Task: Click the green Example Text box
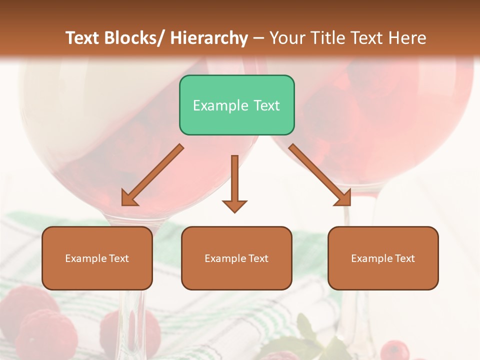236,105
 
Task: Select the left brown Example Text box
97,258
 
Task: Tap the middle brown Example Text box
236,258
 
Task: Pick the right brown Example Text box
383,258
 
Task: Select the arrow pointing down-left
152,175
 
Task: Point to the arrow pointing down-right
320,175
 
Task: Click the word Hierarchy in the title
209,38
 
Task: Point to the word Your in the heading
286,38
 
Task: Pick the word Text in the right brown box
404,258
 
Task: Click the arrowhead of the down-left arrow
128,198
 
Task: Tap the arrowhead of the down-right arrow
344,198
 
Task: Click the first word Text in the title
83,38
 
